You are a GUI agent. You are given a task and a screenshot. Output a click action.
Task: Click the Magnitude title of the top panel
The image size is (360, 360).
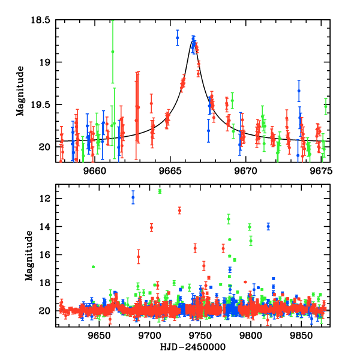point(20,91)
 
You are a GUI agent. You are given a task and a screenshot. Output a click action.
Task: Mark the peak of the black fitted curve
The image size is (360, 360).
point(193,40)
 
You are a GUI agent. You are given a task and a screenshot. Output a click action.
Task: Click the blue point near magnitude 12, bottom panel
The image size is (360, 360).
point(133,197)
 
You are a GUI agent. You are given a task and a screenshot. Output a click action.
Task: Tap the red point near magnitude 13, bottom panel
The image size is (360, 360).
point(179,210)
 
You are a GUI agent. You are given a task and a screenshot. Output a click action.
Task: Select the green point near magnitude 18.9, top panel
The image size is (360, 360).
point(113,52)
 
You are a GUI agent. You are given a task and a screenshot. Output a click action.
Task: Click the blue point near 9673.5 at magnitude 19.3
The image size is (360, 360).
point(299,91)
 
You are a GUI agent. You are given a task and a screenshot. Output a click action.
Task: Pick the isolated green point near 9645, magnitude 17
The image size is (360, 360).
point(93,266)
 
